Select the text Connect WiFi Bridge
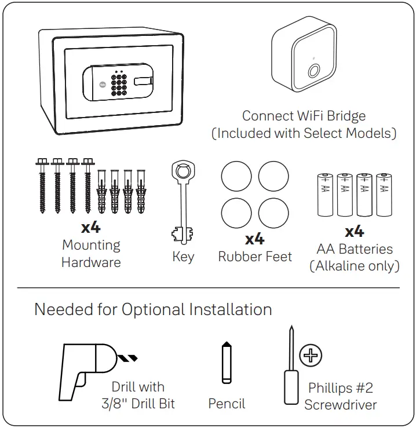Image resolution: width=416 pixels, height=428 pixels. point(304,116)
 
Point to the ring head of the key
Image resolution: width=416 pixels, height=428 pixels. point(183,171)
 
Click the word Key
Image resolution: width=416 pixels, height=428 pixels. point(183,257)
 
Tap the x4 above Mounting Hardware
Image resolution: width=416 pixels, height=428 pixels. point(91,226)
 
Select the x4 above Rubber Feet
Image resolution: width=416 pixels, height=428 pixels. point(255,238)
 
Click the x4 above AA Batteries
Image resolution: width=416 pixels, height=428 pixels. point(354,232)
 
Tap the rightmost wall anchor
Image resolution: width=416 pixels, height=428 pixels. point(140,191)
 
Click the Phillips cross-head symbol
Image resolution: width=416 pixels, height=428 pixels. point(311,356)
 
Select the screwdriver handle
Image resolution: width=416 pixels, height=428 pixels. point(291,386)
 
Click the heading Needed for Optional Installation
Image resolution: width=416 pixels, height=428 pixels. point(153,309)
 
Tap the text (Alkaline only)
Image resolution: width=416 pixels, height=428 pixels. point(354,266)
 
